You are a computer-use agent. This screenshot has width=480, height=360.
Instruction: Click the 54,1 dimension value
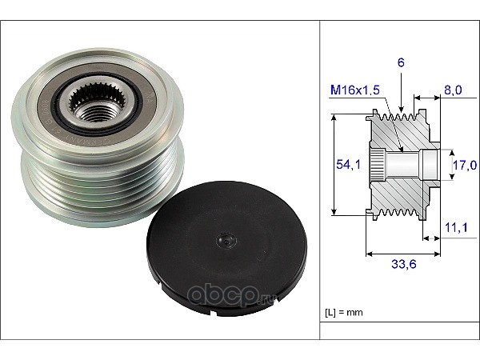click(348, 164)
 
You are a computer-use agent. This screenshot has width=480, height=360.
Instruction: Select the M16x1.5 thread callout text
click(355, 90)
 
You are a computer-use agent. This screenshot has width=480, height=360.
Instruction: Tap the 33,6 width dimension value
click(404, 263)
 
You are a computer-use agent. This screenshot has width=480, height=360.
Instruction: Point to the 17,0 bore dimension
click(465, 165)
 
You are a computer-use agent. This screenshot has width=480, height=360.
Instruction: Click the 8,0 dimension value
click(453, 90)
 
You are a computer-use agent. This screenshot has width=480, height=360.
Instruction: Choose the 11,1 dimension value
click(456, 227)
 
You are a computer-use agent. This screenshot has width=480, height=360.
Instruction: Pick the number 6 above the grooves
click(401, 62)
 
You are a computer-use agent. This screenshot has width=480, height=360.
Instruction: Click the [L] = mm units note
click(343, 312)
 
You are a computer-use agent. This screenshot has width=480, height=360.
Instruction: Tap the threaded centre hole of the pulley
click(98, 112)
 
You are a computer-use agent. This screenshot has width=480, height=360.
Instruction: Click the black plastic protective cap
click(226, 248)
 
